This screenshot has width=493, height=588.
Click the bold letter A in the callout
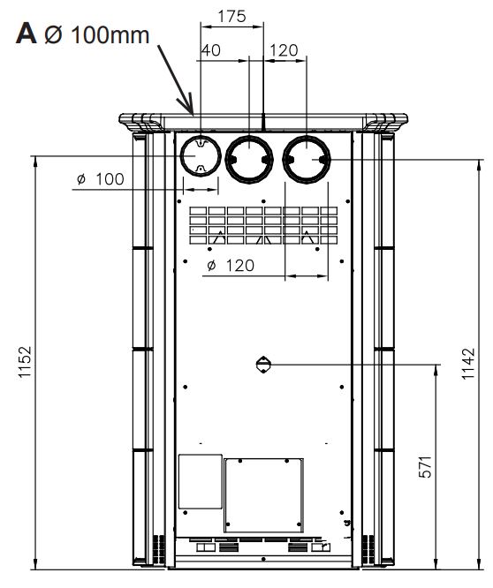tap(27, 34)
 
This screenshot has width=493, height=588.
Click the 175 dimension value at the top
tap(231, 16)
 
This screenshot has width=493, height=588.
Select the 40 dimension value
tap(211, 50)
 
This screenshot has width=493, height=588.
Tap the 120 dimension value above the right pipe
tap(284, 50)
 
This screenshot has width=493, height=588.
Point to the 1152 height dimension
tap(25, 362)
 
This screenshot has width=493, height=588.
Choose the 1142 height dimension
tap(468, 364)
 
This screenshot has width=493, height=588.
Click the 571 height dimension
tap(425, 467)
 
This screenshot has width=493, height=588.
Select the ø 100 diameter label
tap(100, 179)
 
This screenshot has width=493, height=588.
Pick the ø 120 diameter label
tap(231, 266)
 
